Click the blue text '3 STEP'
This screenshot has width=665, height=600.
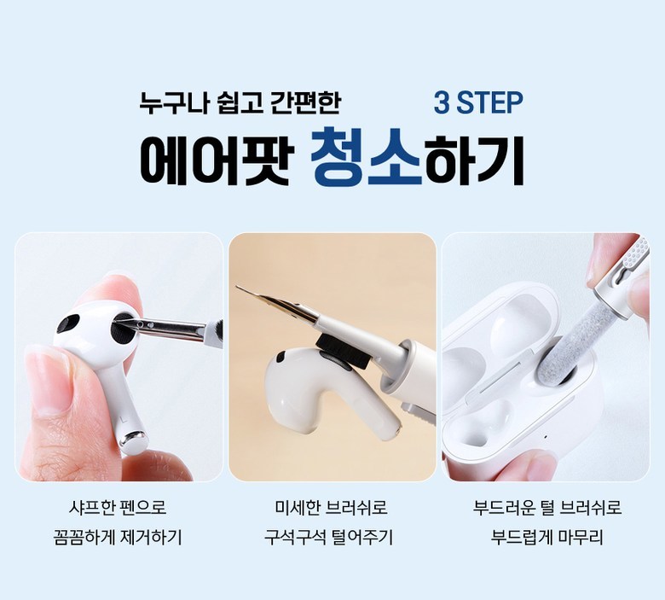click(478, 102)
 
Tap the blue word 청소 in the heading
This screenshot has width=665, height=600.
click(366, 158)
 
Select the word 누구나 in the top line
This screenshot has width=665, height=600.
click(173, 102)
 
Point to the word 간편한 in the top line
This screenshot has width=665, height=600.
click(304, 102)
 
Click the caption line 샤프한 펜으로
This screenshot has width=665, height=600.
click(118, 507)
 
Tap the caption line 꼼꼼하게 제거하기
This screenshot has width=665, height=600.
click(118, 537)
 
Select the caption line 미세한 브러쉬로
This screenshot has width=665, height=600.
click(332, 507)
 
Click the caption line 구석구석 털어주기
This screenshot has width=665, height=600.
click(329, 537)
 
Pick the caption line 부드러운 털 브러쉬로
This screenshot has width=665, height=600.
click(547, 507)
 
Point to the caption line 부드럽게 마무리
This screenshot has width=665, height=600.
click(547, 537)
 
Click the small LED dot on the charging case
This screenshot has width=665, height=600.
click(546, 437)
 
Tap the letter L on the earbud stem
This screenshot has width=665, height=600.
click(123, 420)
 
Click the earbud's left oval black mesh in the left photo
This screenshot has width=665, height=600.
click(69, 324)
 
